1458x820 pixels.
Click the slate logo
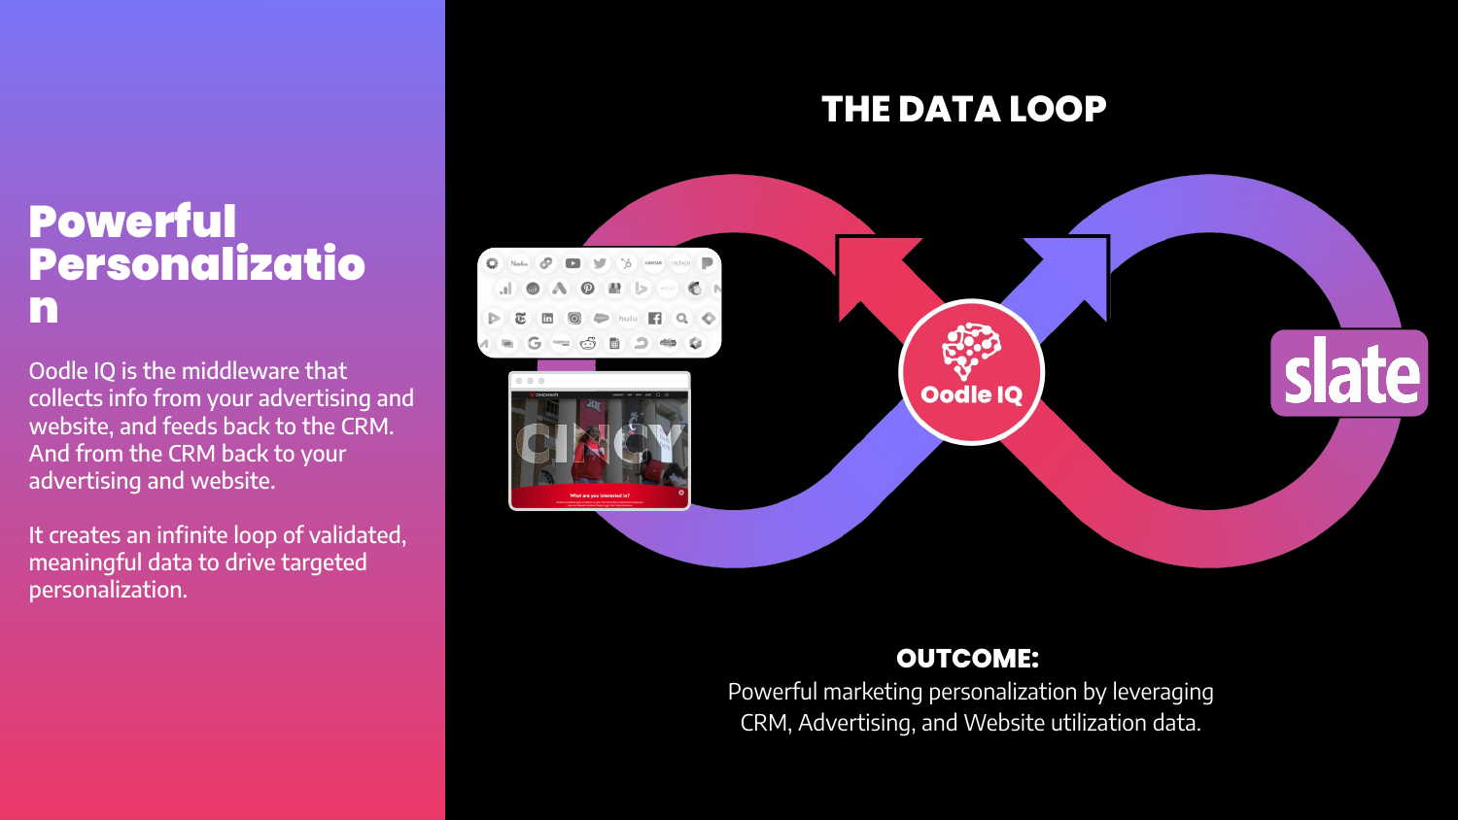[x=1349, y=373]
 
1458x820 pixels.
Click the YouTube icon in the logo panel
[x=573, y=263]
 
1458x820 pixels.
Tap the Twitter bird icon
[x=600, y=263]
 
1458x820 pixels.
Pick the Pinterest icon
[x=587, y=289]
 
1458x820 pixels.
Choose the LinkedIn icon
[x=547, y=318]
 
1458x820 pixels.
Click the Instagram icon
[x=574, y=318]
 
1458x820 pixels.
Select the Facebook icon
[x=655, y=318]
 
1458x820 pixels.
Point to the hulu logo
[x=628, y=318]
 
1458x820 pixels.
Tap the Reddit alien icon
[x=587, y=343]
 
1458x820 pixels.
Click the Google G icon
[x=534, y=343]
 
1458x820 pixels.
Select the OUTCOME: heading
[x=967, y=659]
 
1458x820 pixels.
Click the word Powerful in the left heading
[x=132, y=222]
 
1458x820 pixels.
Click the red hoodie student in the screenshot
[x=591, y=452]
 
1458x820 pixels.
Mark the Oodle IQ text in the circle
[x=971, y=394]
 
